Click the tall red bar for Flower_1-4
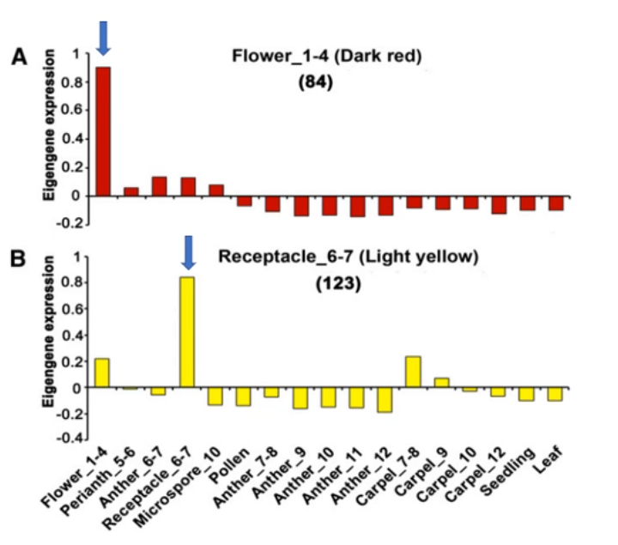102,131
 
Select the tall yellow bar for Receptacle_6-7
187,332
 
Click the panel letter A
18,58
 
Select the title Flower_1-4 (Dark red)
330,57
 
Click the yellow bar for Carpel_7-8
413,372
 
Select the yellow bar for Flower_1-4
102,372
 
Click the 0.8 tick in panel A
76,82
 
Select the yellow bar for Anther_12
385,400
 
